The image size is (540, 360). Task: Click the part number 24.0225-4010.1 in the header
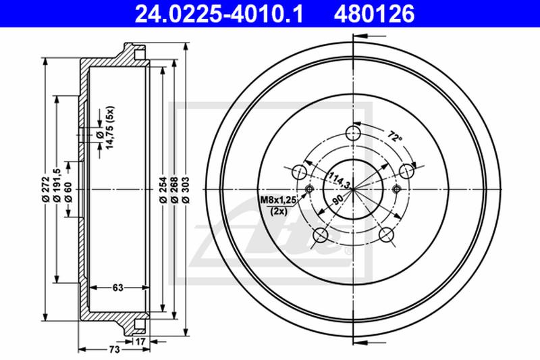click(219, 14)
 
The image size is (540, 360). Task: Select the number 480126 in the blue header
click(374, 14)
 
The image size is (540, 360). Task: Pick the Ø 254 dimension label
click(163, 189)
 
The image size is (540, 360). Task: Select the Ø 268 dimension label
click(174, 189)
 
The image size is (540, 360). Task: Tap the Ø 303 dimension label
click(186, 189)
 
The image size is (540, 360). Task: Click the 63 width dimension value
click(117, 287)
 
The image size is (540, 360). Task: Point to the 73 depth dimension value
click(114, 349)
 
